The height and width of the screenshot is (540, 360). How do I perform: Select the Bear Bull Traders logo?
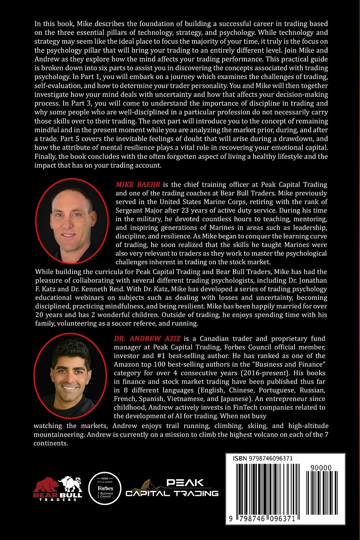pos(58,488)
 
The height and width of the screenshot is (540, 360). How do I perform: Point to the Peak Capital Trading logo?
pos(172,488)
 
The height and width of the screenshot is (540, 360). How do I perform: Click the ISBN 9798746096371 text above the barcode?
pos(263,458)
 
